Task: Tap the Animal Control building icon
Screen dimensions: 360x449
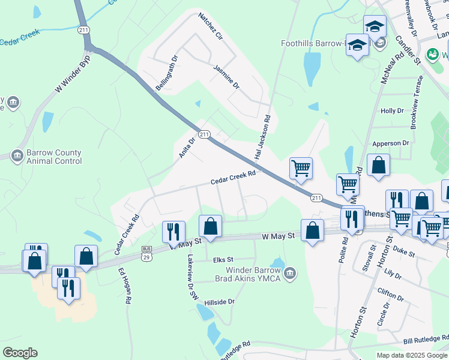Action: [x=17, y=157]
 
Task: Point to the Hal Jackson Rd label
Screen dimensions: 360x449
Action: [x=262, y=137]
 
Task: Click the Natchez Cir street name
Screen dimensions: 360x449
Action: [x=211, y=26]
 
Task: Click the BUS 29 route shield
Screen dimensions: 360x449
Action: [x=146, y=253]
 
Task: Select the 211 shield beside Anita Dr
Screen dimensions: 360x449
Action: [x=205, y=134]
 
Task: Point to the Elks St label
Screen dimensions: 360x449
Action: [x=223, y=260]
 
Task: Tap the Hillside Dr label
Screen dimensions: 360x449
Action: [x=219, y=302]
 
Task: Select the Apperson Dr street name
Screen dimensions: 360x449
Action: [x=390, y=143]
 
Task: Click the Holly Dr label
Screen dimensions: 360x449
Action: [x=392, y=111]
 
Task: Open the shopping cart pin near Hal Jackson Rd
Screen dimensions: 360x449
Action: [x=301, y=168]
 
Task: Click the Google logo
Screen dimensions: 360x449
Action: [x=20, y=353]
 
